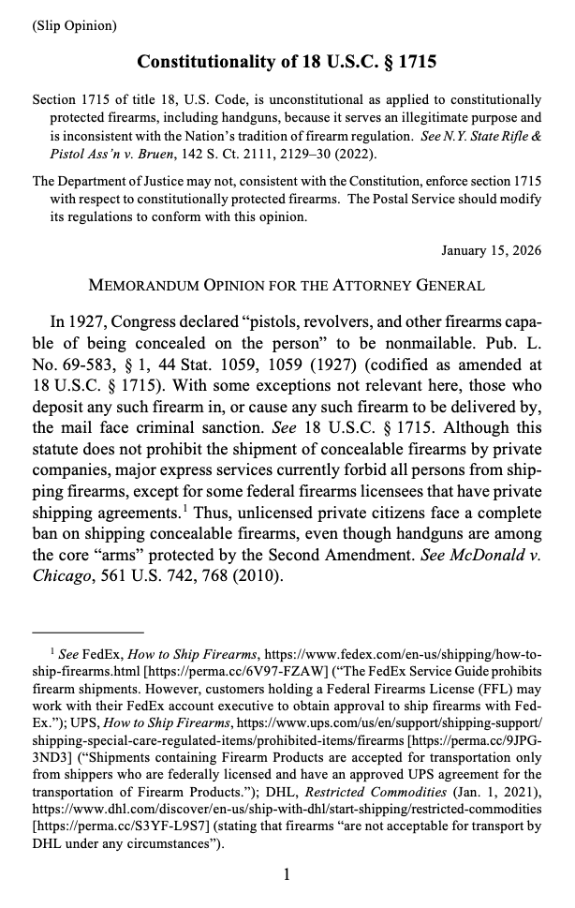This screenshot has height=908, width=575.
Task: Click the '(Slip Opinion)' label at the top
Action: pos(74,25)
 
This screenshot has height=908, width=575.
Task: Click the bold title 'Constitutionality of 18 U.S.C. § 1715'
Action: pos(287,62)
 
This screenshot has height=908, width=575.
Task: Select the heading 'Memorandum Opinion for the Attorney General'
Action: pos(287,285)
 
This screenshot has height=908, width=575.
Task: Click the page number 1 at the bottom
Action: pos(287,875)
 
